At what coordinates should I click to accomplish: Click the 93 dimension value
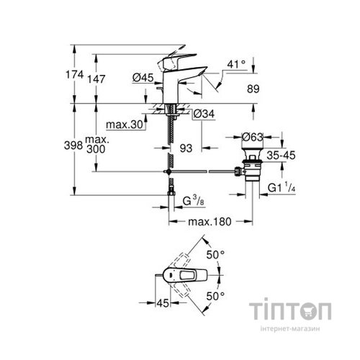tap(186, 148)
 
